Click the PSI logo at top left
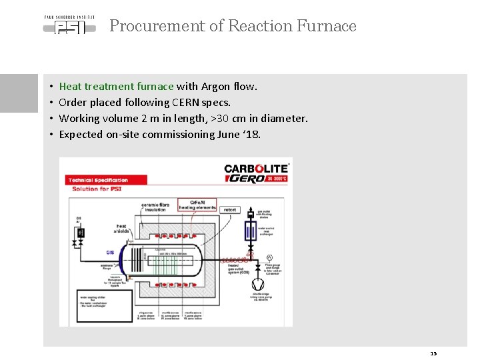pos(69,25)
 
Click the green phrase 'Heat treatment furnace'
pos(116,86)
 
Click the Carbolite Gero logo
pos(256,173)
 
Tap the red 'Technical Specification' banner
pos(98,180)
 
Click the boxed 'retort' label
pos(230,209)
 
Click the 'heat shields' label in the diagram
pos(121,229)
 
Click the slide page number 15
pos(433,353)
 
